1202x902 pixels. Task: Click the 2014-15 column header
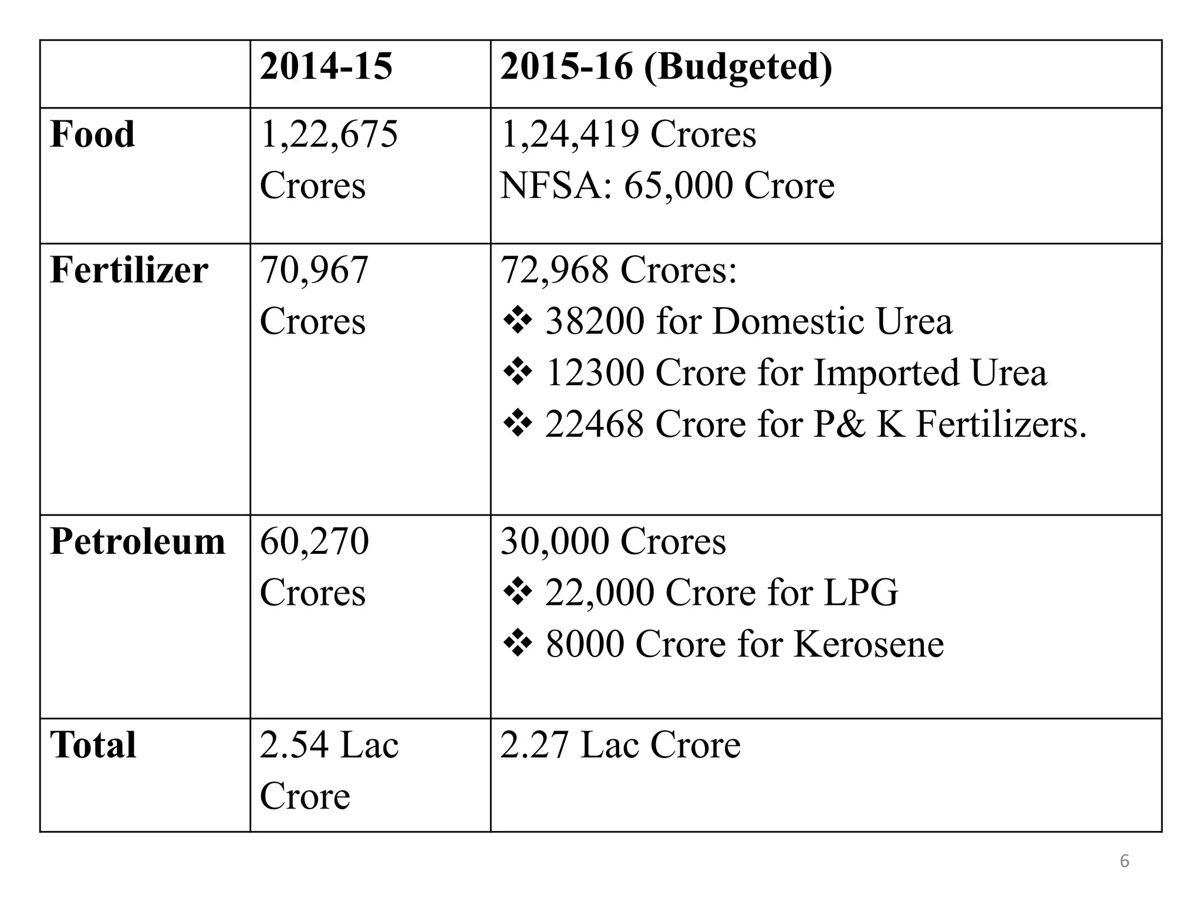(326, 66)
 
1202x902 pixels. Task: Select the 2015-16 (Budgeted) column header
(666, 66)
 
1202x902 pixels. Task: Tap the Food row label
(93, 134)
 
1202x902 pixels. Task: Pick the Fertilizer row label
(129, 270)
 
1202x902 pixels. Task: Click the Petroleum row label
(138, 541)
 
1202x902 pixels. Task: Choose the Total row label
(93, 745)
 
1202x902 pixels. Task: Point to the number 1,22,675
(329, 134)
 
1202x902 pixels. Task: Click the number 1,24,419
(569, 134)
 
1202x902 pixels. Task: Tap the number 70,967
(314, 270)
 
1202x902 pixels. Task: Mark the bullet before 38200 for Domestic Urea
(518, 322)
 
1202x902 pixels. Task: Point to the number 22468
(595, 424)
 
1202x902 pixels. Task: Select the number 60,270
(314, 541)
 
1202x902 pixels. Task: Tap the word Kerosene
(869, 644)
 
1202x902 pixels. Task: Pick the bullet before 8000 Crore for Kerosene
(518, 644)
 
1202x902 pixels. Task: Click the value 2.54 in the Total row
(294, 745)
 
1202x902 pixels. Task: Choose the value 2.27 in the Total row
(535, 745)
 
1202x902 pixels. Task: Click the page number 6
(1125, 861)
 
